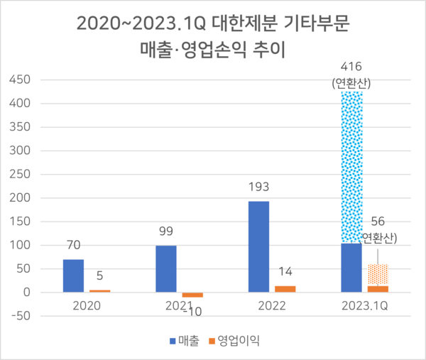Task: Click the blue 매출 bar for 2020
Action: pyautogui.click(x=73, y=276)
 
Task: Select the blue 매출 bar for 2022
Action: pyautogui.click(x=258, y=246)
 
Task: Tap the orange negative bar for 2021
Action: pyautogui.click(x=192, y=295)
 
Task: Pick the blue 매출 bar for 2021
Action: pyautogui.click(x=166, y=268)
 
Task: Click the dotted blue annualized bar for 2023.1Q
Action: pyautogui.click(x=351, y=167)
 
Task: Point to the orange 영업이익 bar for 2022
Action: pyautogui.click(x=285, y=289)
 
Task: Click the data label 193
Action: pyautogui.click(x=258, y=190)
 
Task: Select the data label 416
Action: pyautogui.click(x=352, y=70)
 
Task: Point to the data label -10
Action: pyautogui.click(x=192, y=311)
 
